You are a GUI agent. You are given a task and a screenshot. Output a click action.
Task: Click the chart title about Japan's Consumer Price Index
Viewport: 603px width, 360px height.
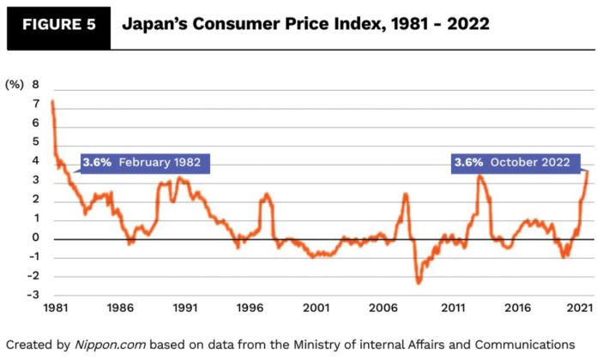click(305, 24)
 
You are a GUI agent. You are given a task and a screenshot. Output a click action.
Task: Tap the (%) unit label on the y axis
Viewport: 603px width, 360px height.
click(14, 85)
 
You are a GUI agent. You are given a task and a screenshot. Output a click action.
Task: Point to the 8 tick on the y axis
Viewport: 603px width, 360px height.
click(36, 85)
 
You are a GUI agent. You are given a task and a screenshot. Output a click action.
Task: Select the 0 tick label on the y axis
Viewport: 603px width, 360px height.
click(36, 238)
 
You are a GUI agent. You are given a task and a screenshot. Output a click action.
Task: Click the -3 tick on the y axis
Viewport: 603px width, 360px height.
click(33, 296)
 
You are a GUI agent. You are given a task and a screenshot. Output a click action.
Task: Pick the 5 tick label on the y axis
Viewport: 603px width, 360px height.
click(36, 142)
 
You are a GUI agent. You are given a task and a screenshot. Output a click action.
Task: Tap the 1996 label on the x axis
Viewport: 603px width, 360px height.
click(250, 306)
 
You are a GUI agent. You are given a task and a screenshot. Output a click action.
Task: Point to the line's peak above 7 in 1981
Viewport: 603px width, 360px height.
click(52, 102)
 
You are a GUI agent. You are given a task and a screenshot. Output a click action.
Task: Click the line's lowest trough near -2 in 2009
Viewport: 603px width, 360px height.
click(419, 282)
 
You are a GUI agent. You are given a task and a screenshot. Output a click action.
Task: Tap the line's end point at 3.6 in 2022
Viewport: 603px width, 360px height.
click(588, 171)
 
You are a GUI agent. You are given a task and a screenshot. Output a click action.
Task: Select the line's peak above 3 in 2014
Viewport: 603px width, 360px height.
click(480, 177)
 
